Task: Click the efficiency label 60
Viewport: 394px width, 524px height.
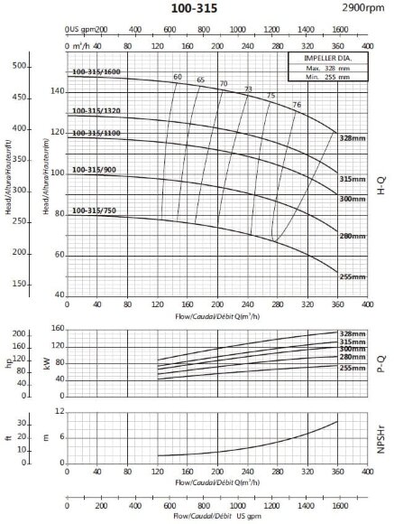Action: [177, 77]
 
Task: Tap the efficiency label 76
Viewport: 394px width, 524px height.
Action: [297, 106]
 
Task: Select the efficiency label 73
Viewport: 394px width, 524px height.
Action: [248, 89]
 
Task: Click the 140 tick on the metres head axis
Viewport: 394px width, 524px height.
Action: [59, 90]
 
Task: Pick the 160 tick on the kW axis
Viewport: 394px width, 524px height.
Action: [59, 328]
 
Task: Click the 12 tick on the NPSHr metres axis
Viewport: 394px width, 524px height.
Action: [60, 411]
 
